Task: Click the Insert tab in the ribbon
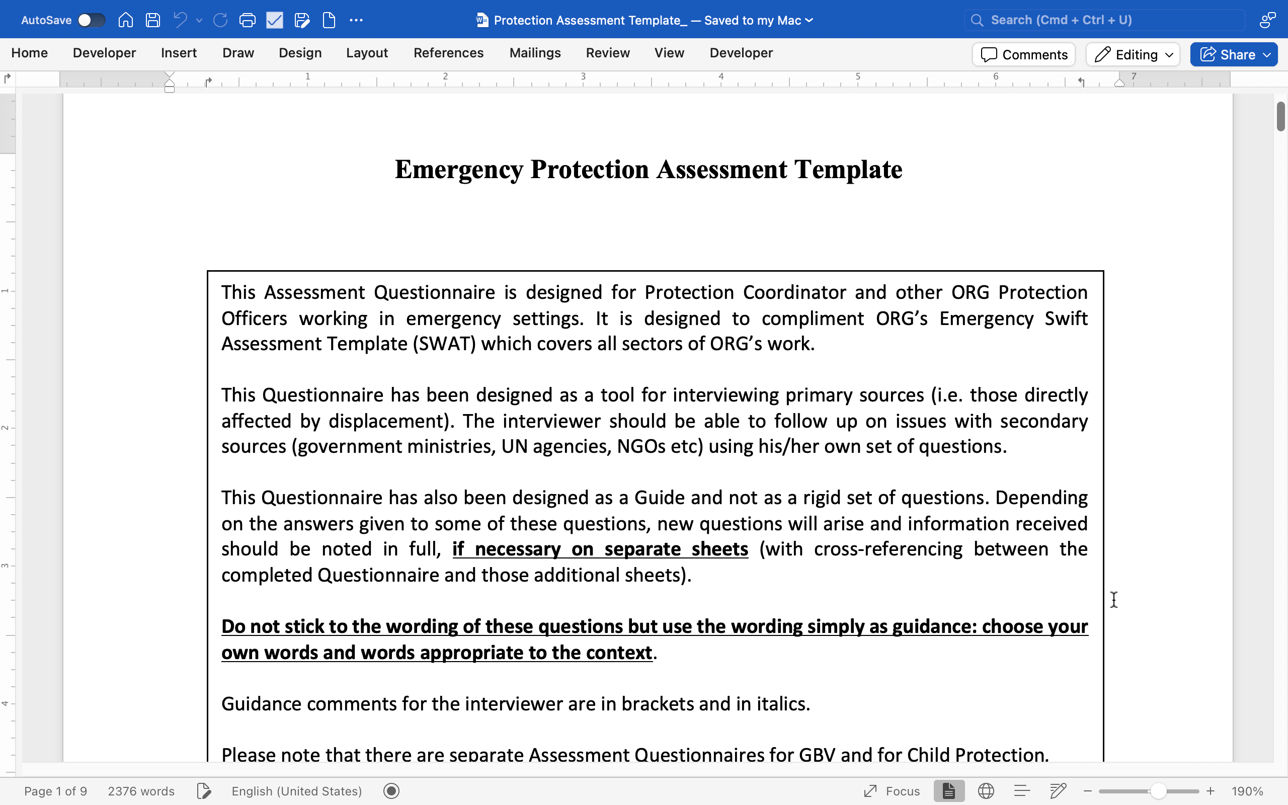(179, 53)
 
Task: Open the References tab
(448, 53)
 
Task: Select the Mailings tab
(535, 53)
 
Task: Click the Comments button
(1023, 55)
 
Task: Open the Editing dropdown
(1133, 55)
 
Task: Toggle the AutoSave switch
(91, 20)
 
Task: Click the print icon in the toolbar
(248, 20)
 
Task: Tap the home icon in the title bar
(126, 20)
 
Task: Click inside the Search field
(1104, 20)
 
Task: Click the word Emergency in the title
(458, 170)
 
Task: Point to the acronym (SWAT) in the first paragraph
(444, 344)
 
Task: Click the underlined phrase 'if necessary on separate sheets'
(600, 549)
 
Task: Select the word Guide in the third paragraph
(658, 498)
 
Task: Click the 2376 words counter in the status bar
(141, 791)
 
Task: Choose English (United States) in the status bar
(296, 791)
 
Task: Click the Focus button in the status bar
(892, 791)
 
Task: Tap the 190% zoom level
(1247, 791)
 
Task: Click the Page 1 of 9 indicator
(55, 791)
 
